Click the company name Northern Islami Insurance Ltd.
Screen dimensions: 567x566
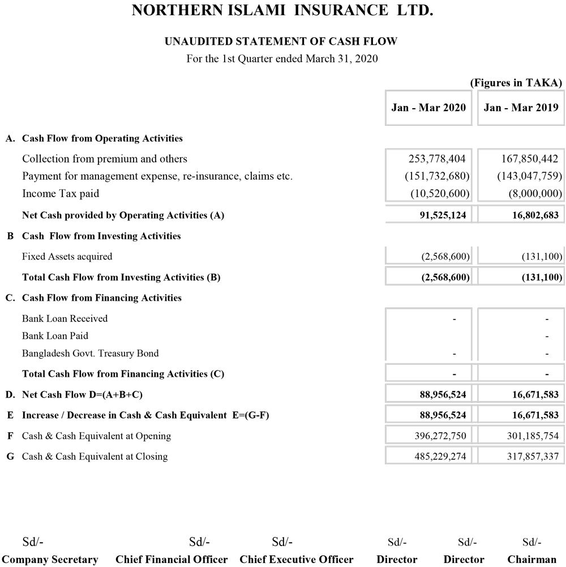pyautogui.click(x=282, y=11)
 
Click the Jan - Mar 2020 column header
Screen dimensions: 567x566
pyautogui.click(x=428, y=107)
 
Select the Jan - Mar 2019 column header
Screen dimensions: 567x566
pyautogui.click(x=521, y=107)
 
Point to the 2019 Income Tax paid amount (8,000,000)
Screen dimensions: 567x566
pyautogui.click(x=535, y=194)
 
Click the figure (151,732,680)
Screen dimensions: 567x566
pyautogui.click(x=437, y=176)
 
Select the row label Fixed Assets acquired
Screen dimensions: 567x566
pyautogui.click(x=67, y=257)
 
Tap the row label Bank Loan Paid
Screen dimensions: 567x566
pyautogui.click(x=55, y=336)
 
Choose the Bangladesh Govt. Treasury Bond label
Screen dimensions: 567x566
pyautogui.click(x=90, y=353)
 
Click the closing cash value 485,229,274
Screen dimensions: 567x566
pyautogui.click(x=439, y=457)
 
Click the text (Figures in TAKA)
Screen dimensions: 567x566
pyautogui.click(x=516, y=83)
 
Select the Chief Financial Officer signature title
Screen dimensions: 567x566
pyautogui.click(x=171, y=560)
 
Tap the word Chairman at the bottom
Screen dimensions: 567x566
pyautogui.click(x=531, y=560)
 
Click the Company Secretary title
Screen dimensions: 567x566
pyautogui.click(x=50, y=560)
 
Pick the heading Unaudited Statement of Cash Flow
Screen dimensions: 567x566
pyautogui.click(x=281, y=41)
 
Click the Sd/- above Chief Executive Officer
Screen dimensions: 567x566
pyautogui.click(x=282, y=542)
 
